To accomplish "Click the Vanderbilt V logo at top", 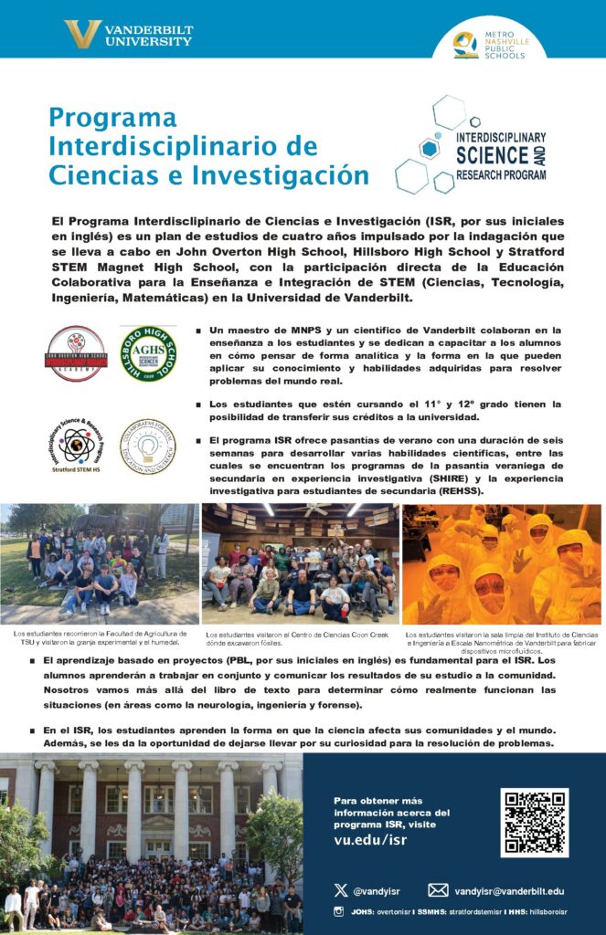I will click(x=82, y=35).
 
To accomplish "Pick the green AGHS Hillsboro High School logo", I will click(x=148, y=353).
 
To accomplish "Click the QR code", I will click(x=535, y=822).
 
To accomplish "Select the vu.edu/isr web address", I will click(x=371, y=840).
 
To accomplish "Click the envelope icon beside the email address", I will click(x=438, y=890).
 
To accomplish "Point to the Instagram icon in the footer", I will click(x=339, y=912).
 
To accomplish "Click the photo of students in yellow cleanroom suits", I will click(x=502, y=564).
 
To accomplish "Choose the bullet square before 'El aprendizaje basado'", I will click(x=34, y=660).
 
